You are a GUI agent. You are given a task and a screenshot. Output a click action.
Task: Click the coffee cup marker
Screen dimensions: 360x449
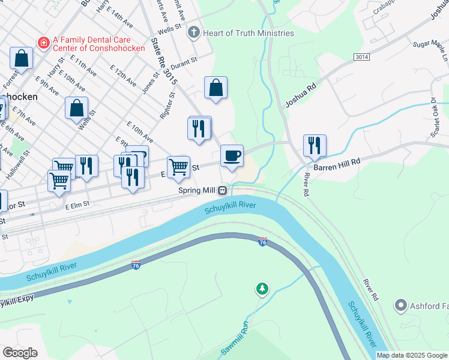(x=232, y=157)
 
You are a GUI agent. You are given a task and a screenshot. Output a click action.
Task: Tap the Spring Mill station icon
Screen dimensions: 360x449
(x=223, y=190)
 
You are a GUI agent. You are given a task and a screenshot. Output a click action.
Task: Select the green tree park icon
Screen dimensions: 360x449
(x=262, y=290)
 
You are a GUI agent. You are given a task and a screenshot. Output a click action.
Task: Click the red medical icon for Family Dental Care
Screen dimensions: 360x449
(x=43, y=43)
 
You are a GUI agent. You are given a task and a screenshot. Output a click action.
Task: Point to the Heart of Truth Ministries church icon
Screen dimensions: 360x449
(x=193, y=32)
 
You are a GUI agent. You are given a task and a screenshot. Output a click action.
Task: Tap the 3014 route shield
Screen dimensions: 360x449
(x=361, y=56)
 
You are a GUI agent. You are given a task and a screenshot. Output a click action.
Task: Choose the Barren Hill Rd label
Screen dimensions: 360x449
(x=339, y=162)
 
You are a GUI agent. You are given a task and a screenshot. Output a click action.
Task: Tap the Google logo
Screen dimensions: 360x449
(x=20, y=352)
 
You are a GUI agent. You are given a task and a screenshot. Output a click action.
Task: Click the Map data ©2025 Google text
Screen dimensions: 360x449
(x=411, y=355)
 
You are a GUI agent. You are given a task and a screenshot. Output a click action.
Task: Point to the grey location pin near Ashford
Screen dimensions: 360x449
(x=401, y=306)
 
